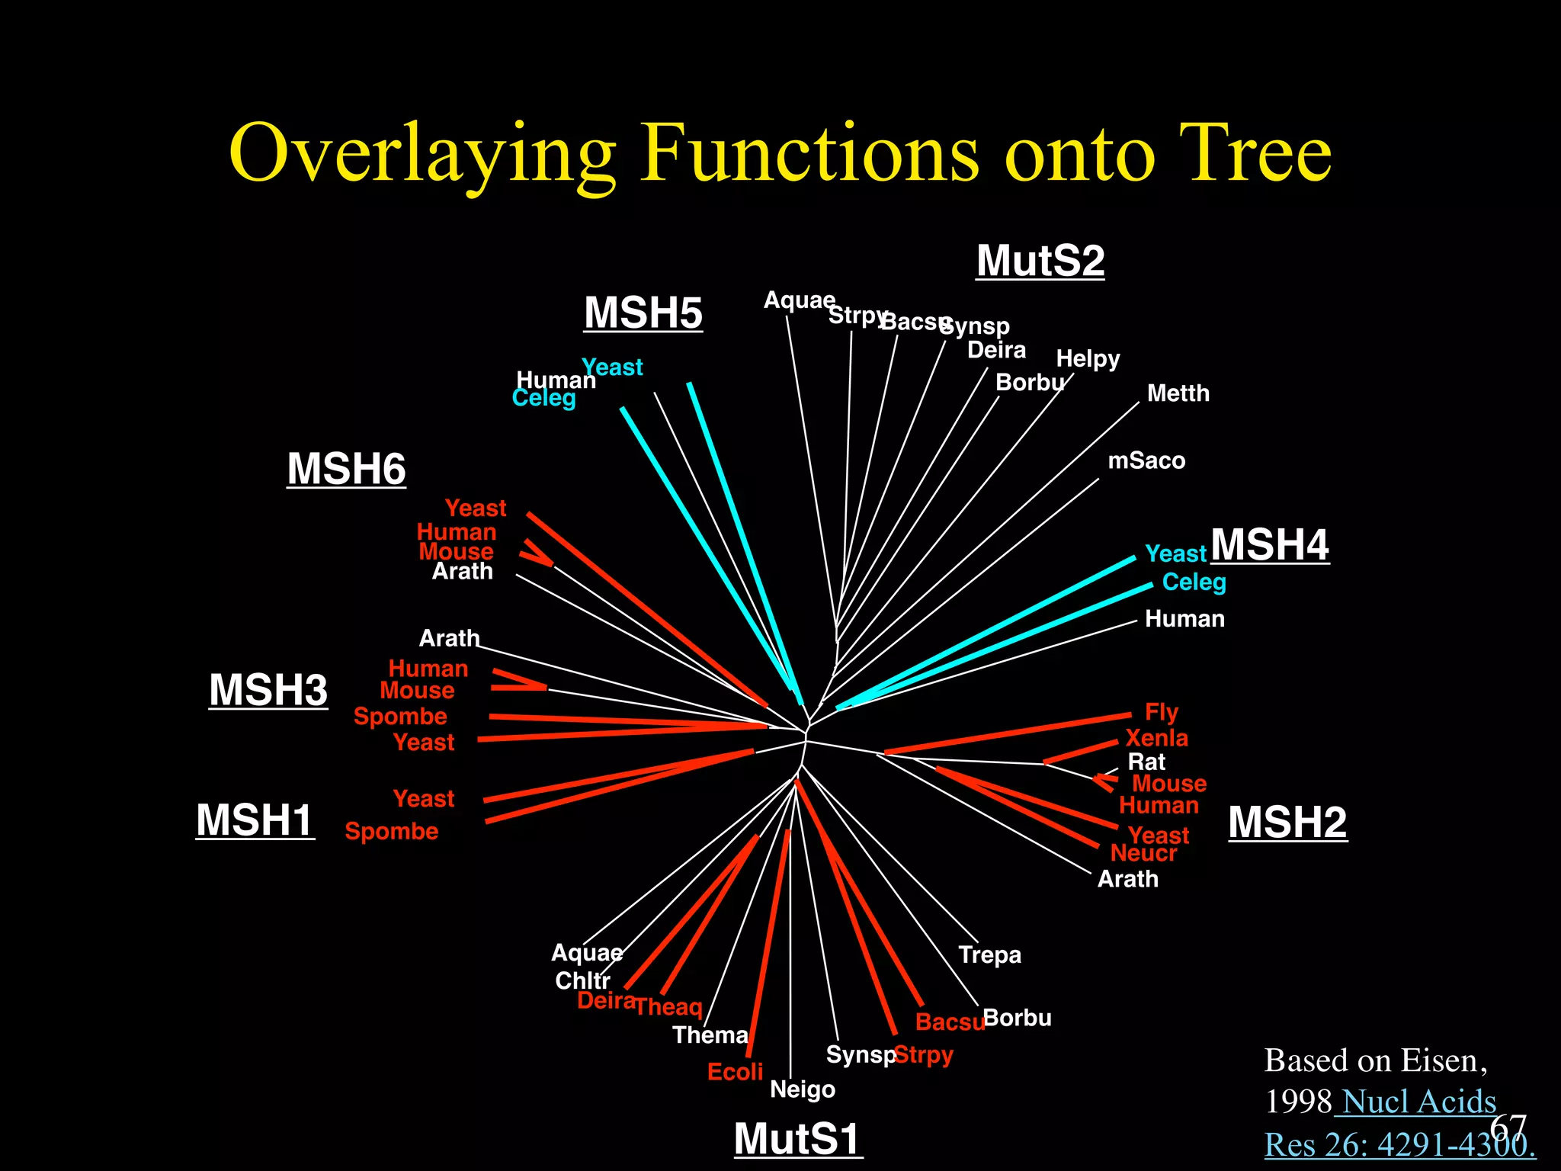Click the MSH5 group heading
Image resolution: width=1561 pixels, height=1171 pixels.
(x=643, y=313)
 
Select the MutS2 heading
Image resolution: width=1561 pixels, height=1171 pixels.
(x=1040, y=261)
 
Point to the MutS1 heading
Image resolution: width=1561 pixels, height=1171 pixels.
(x=797, y=1139)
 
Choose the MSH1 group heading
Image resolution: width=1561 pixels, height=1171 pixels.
(x=255, y=820)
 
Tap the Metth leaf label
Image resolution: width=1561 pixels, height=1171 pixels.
(x=1178, y=393)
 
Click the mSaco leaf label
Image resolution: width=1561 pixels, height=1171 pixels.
(x=1146, y=460)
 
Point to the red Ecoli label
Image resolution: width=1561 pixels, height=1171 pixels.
(x=735, y=1072)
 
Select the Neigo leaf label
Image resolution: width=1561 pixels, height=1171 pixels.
(x=802, y=1089)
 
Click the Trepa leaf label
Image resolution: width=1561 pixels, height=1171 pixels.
(x=989, y=954)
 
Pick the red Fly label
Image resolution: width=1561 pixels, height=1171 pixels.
(x=1161, y=712)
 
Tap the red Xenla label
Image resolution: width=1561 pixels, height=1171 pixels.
(x=1156, y=738)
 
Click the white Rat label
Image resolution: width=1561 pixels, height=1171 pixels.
(x=1146, y=762)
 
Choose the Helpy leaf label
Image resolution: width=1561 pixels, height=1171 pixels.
(x=1088, y=358)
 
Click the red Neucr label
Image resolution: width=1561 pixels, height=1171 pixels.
(x=1143, y=853)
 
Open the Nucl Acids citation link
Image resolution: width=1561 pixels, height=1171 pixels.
(x=1418, y=1102)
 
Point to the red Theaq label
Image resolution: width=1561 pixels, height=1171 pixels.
(x=668, y=1007)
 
